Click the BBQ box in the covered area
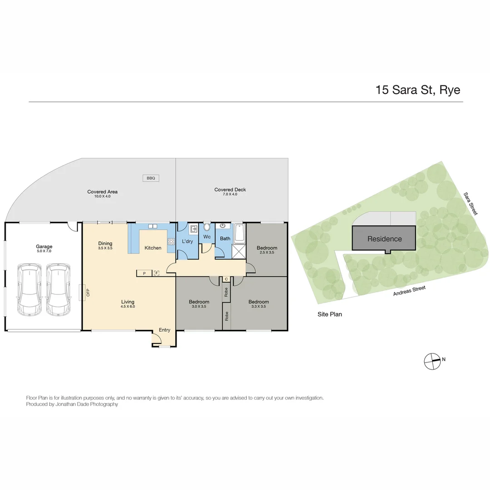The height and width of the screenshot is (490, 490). coord(151,178)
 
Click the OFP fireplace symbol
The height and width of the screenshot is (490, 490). coord(84,292)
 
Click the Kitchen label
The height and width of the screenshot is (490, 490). coord(153,248)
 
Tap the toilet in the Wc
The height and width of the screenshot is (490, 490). coord(207,227)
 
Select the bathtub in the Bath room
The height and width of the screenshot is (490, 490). coord(239,232)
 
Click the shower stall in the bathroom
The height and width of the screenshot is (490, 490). coord(238,251)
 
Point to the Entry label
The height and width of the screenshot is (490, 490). coord(165,330)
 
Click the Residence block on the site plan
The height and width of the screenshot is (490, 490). coord(384,239)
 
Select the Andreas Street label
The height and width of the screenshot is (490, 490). coord(409,291)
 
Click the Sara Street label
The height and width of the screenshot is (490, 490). coord(471,204)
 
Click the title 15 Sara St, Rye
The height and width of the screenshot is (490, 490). coord(417,90)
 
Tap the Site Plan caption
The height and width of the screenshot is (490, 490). coord(329,314)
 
